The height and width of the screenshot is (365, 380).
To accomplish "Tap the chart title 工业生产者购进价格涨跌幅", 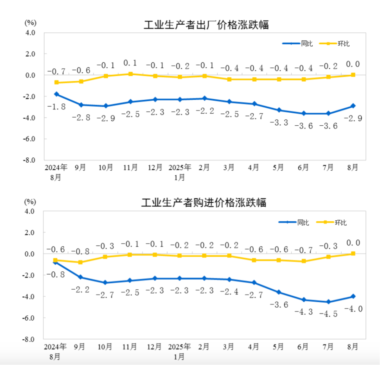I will click(x=204, y=203).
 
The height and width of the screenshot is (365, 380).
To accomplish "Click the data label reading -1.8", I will click(x=56, y=106).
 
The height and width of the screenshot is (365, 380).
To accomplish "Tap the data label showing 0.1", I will click(x=130, y=63).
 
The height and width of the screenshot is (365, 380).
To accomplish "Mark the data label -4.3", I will click(x=303, y=312).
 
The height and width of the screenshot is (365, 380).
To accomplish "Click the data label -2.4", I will click(x=229, y=291).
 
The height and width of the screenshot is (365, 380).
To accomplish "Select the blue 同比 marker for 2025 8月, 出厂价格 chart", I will click(x=353, y=106).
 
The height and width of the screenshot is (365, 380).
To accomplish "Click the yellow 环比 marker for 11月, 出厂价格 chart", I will click(x=130, y=74).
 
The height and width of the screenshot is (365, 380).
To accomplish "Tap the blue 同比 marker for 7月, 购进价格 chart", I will click(x=328, y=302).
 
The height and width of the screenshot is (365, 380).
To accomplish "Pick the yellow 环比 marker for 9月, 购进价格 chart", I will click(x=81, y=262).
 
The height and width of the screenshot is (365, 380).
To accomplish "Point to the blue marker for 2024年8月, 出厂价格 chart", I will click(x=56, y=94).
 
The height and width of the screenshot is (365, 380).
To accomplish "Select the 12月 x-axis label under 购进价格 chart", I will click(x=155, y=347).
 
